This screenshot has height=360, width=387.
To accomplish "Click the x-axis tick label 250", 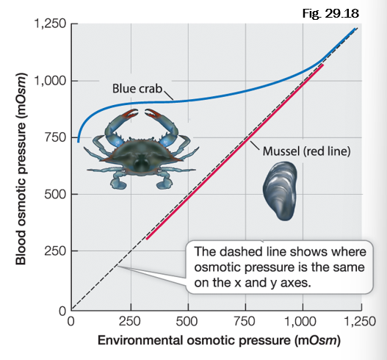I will click(x=131, y=321).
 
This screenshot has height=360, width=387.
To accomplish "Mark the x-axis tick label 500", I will click(x=188, y=321).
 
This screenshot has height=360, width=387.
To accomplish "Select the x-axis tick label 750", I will click(x=245, y=321).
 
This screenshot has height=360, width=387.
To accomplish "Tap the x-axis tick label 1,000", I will click(x=303, y=321).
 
